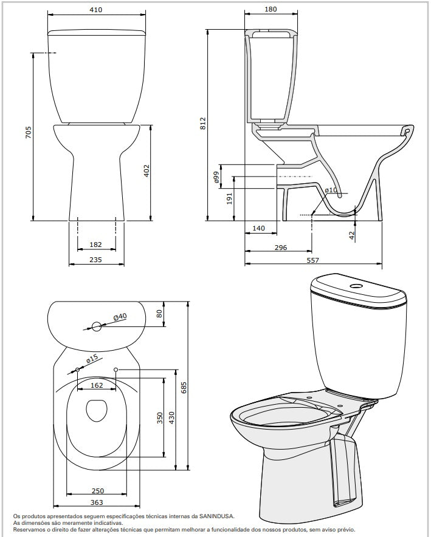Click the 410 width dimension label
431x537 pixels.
(95, 10)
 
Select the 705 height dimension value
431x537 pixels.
(28, 132)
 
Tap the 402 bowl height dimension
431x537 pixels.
(147, 171)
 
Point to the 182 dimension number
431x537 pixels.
(95, 245)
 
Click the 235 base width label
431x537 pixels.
(95, 260)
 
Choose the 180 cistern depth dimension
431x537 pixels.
(271, 9)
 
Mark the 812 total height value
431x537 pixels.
(203, 123)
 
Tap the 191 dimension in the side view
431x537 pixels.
(230, 198)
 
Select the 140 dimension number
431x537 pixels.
(258, 228)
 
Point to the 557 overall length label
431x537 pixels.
(312, 260)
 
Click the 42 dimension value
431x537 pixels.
(351, 235)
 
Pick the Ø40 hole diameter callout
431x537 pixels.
(120, 317)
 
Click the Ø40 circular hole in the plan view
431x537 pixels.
(97, 326)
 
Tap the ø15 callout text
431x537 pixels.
(92, 358)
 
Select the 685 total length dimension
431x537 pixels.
(184, 387)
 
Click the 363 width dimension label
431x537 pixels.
(97, 502)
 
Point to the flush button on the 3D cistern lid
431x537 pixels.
(355, 285)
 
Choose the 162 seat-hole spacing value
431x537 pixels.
(97, 385)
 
